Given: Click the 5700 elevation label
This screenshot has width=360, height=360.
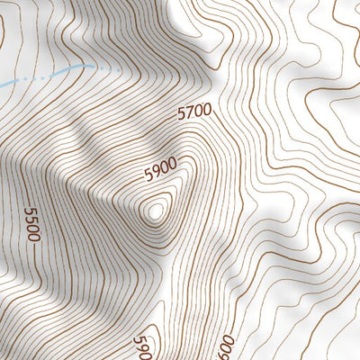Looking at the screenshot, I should pos(194,112).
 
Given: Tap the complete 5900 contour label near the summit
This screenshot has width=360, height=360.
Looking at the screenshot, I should pos(159,169).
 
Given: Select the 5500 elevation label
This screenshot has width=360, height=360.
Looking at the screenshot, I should pos(33,224).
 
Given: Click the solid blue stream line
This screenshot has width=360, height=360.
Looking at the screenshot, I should pos(36,75).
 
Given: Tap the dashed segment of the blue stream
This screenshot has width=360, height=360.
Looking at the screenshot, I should pos(103,67).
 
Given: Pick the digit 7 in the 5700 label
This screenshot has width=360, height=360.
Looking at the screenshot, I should pos(190,113).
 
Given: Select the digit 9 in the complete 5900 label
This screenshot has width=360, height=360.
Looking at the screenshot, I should pos(154,173).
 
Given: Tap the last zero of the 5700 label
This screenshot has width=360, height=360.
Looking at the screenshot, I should pos(206,110).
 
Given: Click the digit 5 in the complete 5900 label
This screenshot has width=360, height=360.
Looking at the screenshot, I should pos(148,176).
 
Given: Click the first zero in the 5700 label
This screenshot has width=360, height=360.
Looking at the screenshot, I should pos(198,112).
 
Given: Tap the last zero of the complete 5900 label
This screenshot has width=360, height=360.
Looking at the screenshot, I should pos(170,163).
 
